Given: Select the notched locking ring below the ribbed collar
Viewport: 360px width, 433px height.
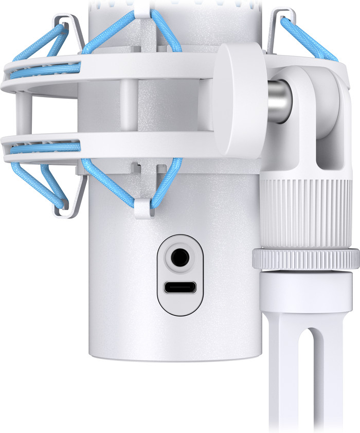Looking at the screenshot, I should point(305,258).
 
